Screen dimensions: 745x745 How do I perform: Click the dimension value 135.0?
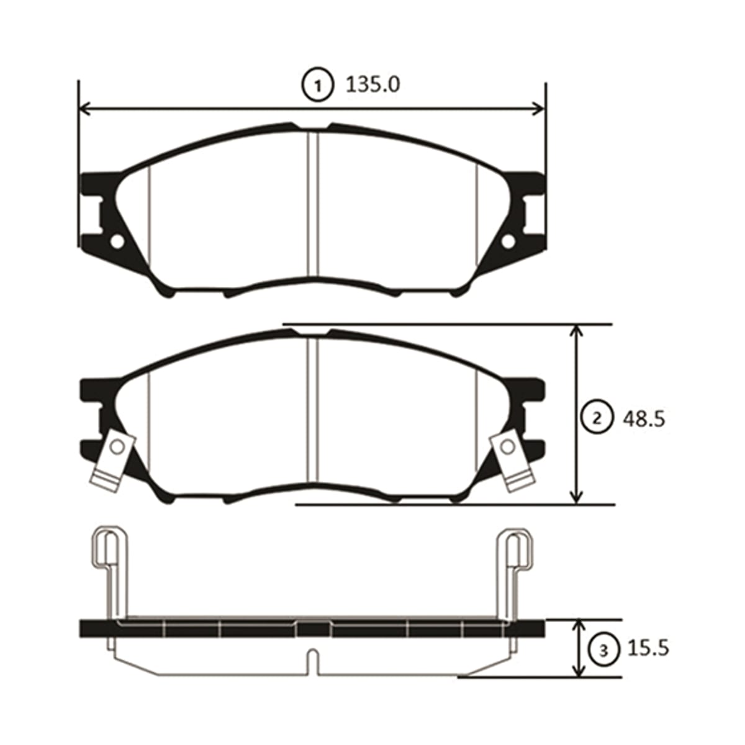point(372,85)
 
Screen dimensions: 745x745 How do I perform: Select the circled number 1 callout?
point(317,86)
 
